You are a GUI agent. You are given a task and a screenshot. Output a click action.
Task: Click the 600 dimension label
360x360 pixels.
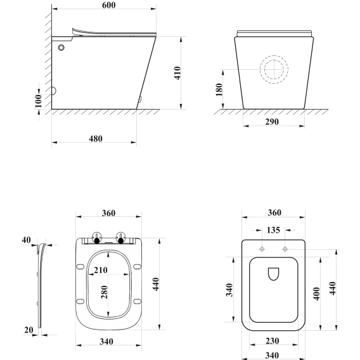coord(108,5)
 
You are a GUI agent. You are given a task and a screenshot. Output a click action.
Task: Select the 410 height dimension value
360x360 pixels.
coord(177,73)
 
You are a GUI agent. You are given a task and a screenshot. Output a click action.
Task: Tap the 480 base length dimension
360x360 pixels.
coord(96,138)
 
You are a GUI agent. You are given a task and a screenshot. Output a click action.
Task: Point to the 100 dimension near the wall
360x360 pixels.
coord(38,101)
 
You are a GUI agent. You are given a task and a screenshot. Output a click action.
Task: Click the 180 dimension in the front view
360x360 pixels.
coord(219,90)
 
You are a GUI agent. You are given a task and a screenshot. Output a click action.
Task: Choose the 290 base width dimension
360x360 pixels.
coord(272,122)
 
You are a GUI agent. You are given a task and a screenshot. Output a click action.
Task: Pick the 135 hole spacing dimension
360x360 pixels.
coord(273,230)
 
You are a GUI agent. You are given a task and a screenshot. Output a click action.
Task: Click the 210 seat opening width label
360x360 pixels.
coord(101,270)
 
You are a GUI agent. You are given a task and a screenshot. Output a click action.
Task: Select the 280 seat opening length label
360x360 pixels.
coord(104,292)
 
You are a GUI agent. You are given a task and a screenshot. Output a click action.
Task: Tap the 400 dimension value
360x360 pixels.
coord(316,293)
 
